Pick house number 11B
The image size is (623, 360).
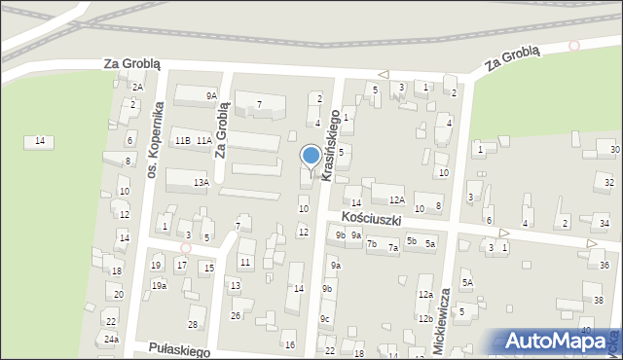(182, 141)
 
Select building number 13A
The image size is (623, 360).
(201, 183)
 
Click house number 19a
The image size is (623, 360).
(159, 285)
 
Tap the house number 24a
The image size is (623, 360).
(112, 339)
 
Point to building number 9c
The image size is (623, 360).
(326, 319)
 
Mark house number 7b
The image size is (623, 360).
(372, 243)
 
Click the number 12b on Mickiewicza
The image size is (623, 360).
(425, 318)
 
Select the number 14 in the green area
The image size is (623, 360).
(39, 142)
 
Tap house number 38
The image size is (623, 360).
(598, 299)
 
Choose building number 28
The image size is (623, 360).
(193, 324)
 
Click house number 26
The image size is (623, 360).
(236, 315)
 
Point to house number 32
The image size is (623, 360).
(608, 183)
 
